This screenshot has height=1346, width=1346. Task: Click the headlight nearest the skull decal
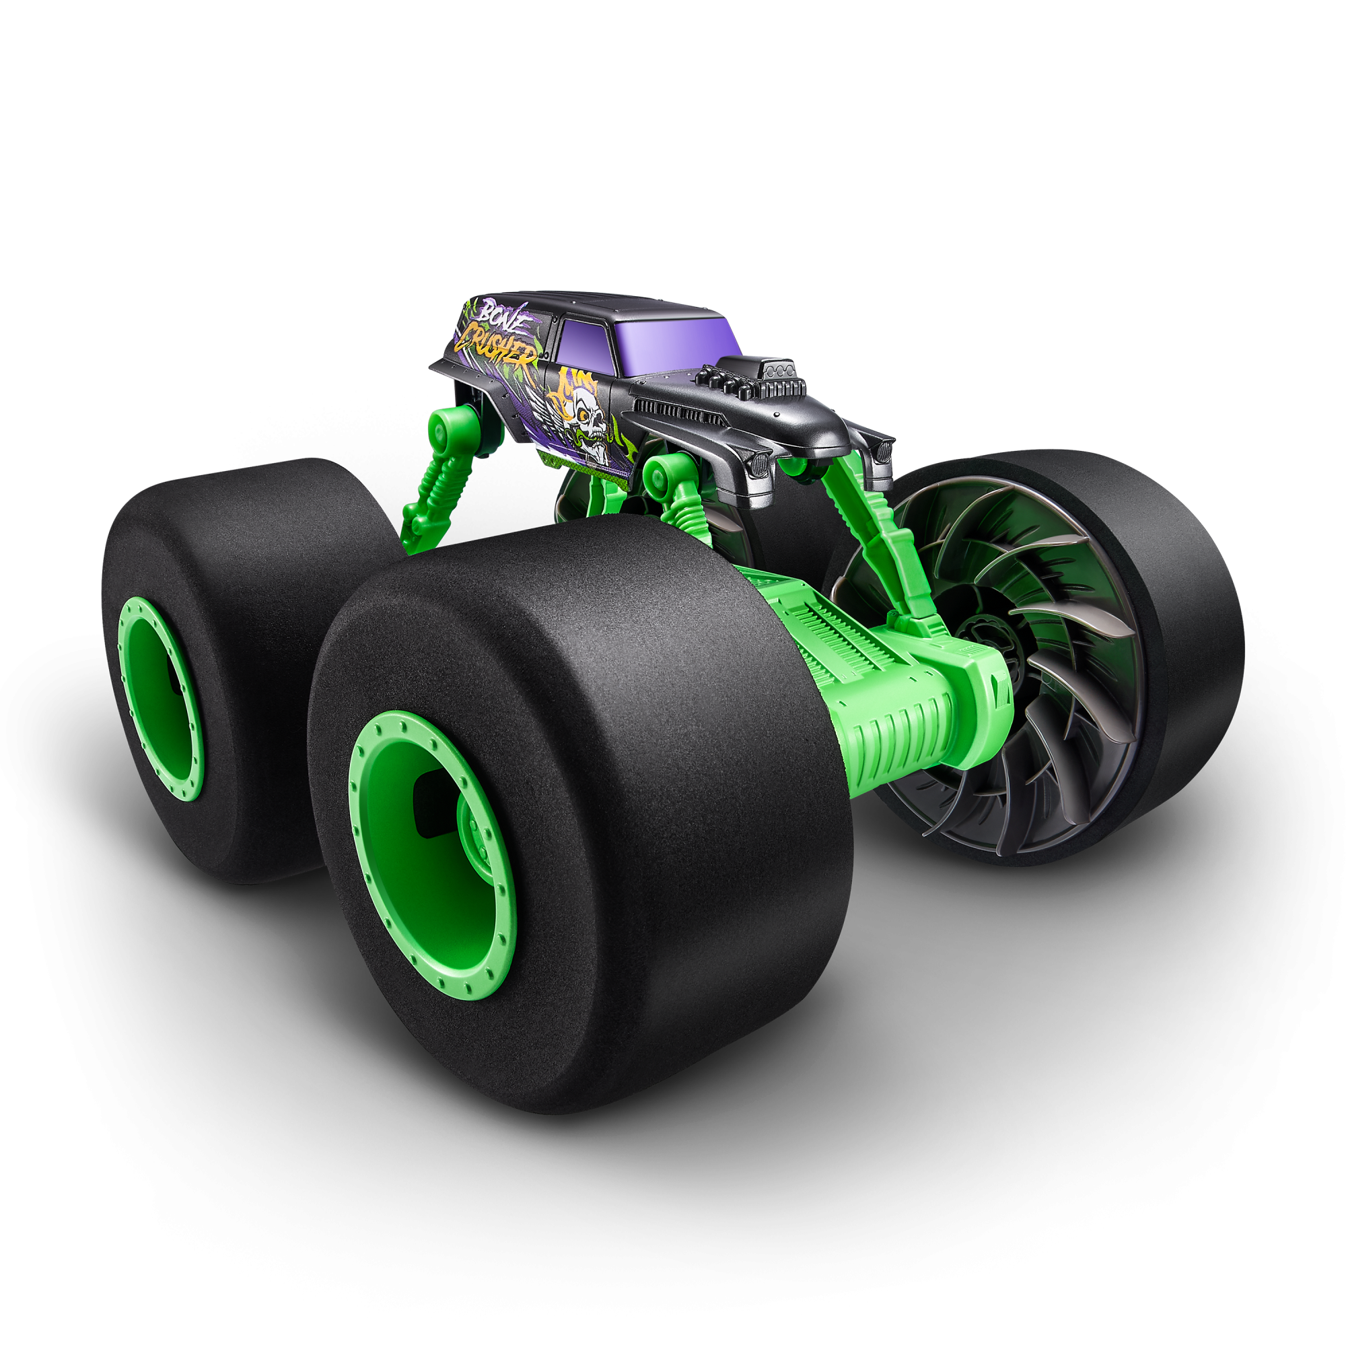(x=759, y=463)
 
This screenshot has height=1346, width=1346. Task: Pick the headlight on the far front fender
(x=884, y=450)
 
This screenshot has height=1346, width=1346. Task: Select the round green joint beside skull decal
(x=658, y=474)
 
